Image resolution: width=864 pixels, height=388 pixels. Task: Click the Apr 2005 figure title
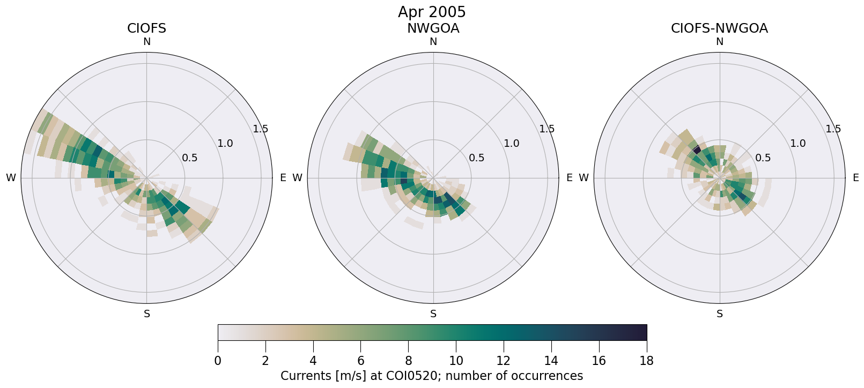click(x=432, y=12)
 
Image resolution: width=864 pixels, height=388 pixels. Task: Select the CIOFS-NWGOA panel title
click(x=719, y=28)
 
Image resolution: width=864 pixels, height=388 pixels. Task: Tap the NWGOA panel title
click(x=433, y=28)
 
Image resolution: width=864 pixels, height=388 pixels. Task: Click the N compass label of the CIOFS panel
click(x=146, y=42)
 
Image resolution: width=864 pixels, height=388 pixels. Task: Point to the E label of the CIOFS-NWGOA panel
click(x=855, y=178)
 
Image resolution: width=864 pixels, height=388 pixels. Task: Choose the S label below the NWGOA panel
click(x=433, y=314)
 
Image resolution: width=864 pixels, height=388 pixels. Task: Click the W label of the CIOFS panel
click(x=11, y=178)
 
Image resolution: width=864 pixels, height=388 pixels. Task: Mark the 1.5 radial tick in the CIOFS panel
click(x=261, y=129)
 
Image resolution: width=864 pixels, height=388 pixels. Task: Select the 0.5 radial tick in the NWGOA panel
click(x=476, y=158)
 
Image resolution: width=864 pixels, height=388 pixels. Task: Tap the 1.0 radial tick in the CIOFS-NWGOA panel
click(x=797, y=143)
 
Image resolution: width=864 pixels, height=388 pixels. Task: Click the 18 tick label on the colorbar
click(x=646, y=361)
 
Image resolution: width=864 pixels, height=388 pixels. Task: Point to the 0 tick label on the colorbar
click(x=218, y=361)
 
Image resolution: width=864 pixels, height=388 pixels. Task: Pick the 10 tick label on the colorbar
click(x=456, y=361)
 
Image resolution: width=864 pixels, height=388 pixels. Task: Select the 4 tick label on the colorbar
click(x=313, y=361)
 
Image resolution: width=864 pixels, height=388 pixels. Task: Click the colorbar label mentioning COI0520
click(x=432, y=376)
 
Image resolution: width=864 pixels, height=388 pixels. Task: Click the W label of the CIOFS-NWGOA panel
click(x=584, y=178)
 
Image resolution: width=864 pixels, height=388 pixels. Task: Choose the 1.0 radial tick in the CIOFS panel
click(x=225, y=143)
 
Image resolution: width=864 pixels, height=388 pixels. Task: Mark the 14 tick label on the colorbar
click(x=551, y=361)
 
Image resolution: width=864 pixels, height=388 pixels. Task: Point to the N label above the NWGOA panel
click(x=433, y=42)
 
